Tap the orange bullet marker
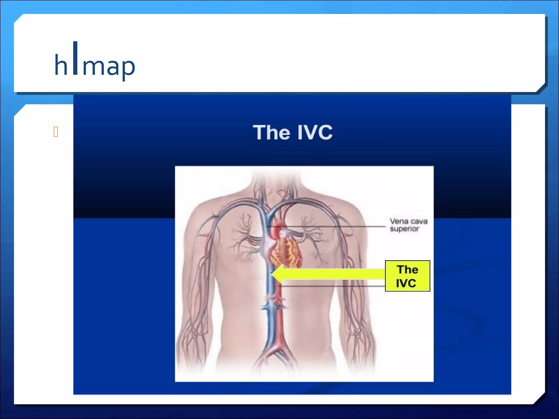[x=56, y=132]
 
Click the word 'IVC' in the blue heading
[x=315, y=133]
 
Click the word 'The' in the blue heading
[x=271, y=133]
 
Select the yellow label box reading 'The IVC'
[x=407, y=276]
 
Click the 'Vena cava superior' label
[x=408, y=225]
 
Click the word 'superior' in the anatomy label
[x=404, y=229]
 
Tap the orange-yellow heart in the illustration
[x=285, y=252]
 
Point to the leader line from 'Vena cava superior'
[x=328, y=226]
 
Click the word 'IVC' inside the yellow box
[x=406, y=283]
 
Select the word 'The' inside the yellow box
[x=408, y=270]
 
